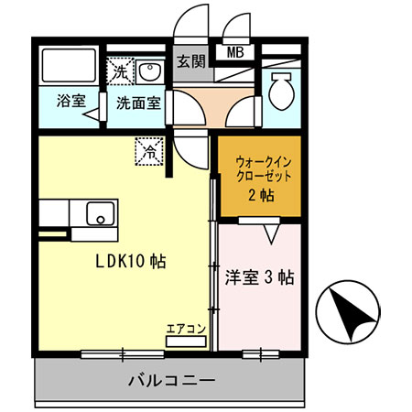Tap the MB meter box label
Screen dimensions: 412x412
click(x=235, y=52)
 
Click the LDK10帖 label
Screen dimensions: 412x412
click(x=132, y=260)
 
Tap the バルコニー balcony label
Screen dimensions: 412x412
click(x=171, y=380)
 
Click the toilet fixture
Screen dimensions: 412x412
click(x=281, y=89)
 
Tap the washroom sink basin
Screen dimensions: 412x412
click(x=150, y=71)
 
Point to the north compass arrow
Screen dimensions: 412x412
click(x=347, y=312)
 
